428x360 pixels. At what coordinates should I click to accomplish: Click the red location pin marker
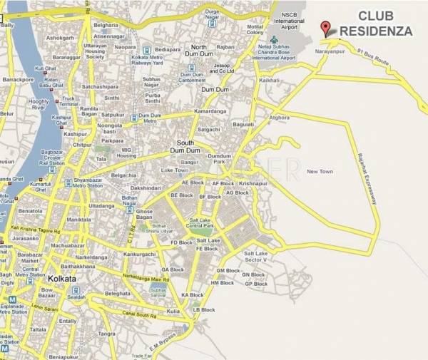point(326,29)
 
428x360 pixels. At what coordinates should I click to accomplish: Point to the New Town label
point(320,172)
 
